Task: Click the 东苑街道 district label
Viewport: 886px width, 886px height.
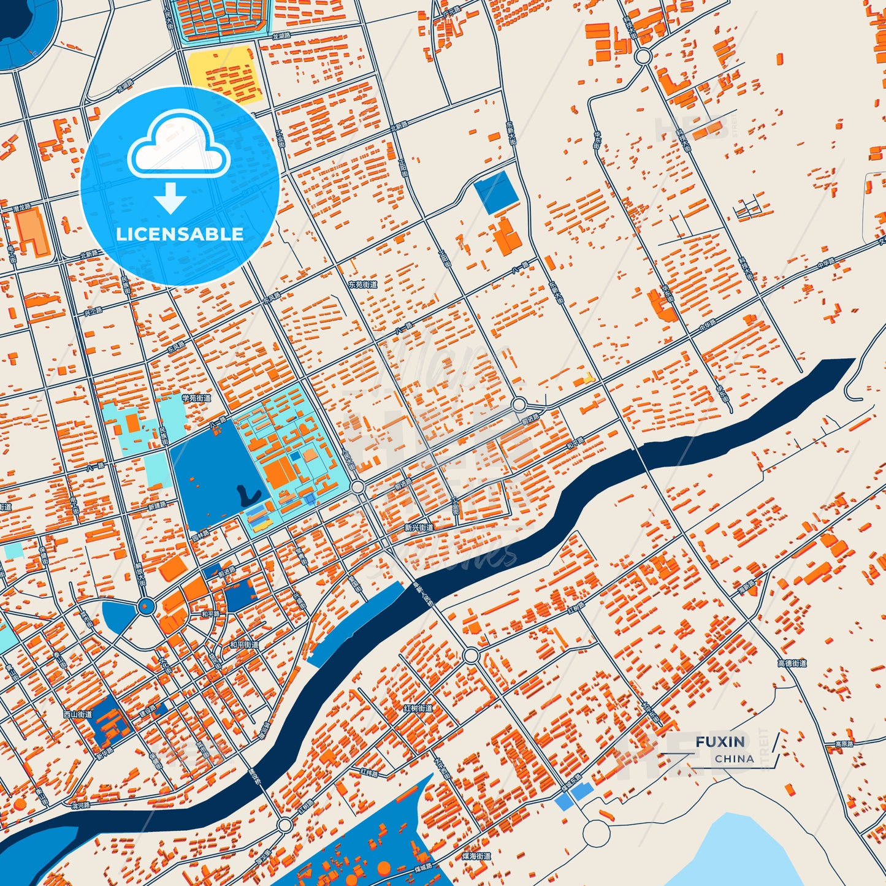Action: [362, 285]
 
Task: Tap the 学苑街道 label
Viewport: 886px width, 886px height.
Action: [196, 398]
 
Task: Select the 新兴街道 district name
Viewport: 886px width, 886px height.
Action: [419, 527]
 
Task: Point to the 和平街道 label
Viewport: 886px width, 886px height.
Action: [245, 645]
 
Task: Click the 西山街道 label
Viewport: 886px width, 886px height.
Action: [78, 714]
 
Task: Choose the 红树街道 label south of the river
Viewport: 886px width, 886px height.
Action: [418, 708]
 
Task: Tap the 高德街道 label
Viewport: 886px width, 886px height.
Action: [792, 663]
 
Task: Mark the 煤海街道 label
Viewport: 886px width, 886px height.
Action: [476, 856]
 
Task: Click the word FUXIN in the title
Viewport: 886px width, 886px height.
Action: [720, 742]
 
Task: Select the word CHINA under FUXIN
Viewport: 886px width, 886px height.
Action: [734, 758]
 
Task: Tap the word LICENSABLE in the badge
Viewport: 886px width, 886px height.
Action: [180, 234]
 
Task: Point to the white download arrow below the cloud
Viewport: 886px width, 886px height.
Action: [170, 197]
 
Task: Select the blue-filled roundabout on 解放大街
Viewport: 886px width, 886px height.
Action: [145, 607]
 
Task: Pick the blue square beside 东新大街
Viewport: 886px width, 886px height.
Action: [495, 193]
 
